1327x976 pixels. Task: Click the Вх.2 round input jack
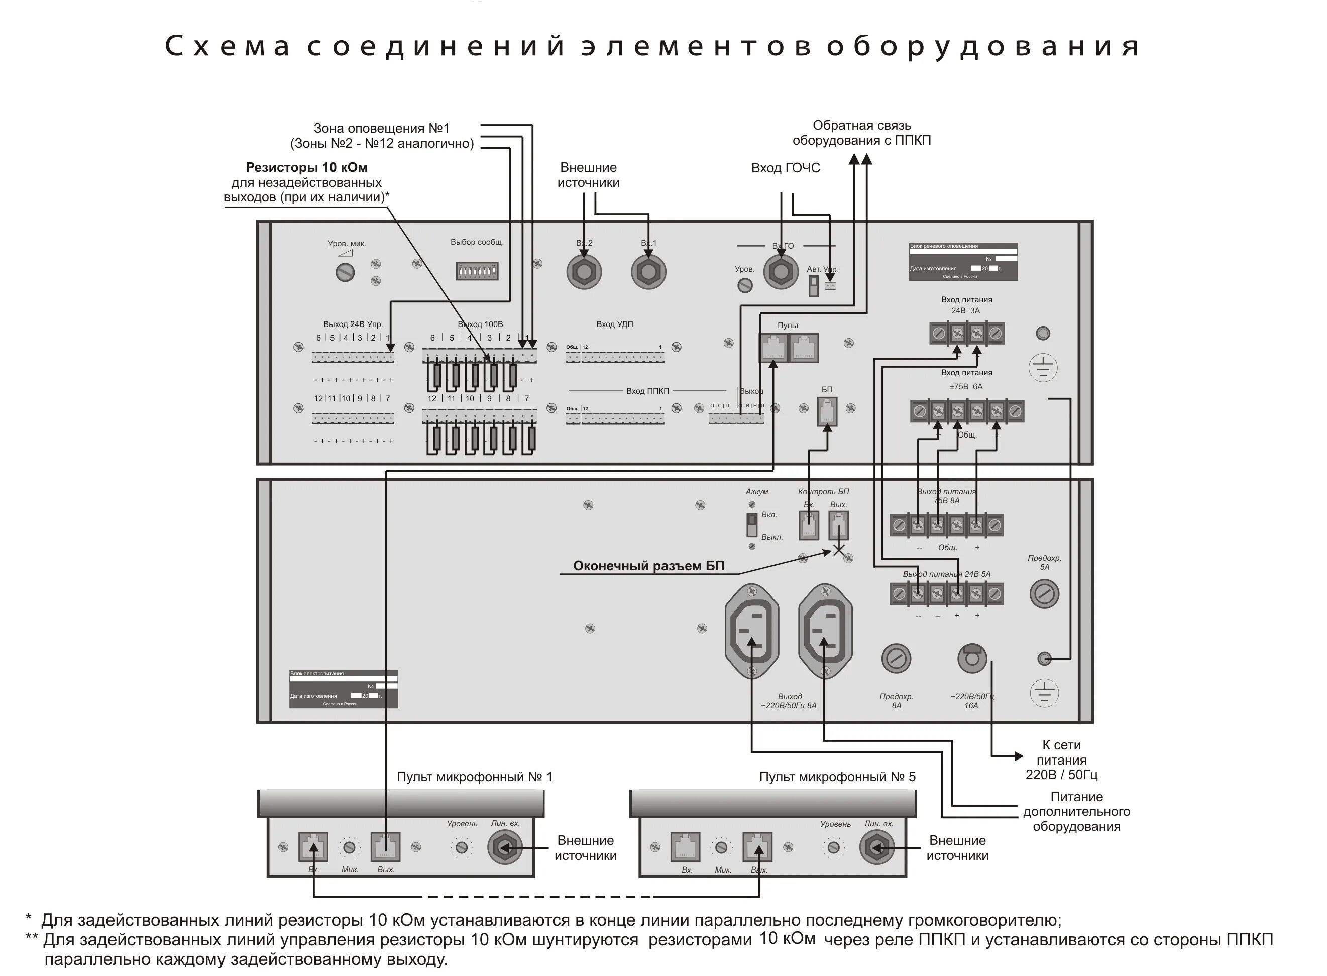tap(584, 272)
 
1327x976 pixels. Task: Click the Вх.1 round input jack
tap(648, 272)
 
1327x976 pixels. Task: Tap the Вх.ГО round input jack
tap(781, 272)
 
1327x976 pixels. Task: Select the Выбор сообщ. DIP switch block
tap(476, 271)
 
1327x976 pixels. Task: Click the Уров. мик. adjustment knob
tap(345, 272)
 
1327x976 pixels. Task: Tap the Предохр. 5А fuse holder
tap(1044, 593)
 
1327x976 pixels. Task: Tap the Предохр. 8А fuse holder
tap(896, 658)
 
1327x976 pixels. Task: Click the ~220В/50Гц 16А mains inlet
tap(972, 658)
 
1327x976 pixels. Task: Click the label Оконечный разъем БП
tap(648, 566)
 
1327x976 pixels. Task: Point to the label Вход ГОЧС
tap(785, 168)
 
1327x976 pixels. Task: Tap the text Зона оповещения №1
tap(381, 128)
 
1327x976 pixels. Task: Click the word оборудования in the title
tap(982, 46)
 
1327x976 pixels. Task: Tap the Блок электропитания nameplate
tap(343, 689)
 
